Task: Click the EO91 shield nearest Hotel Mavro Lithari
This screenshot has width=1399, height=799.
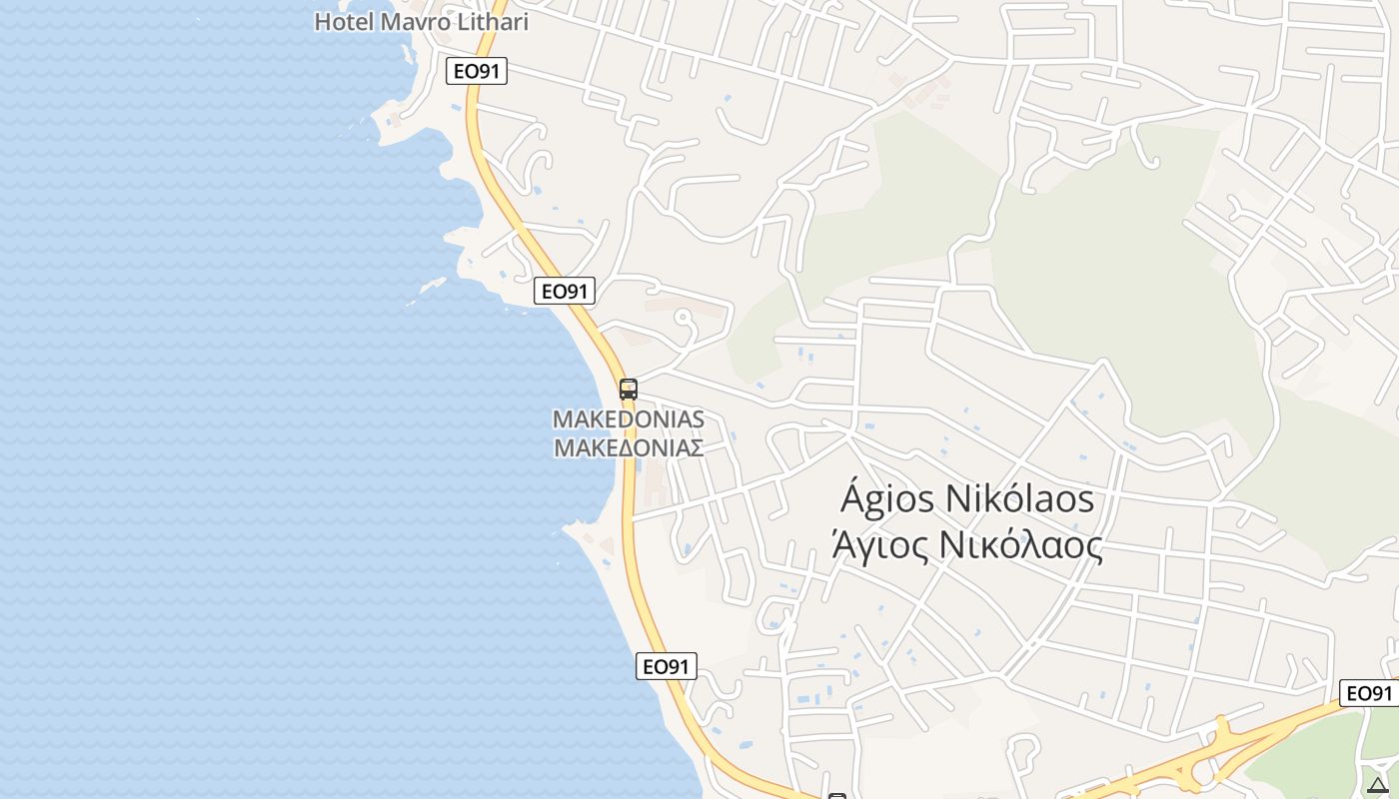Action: click(477, 71)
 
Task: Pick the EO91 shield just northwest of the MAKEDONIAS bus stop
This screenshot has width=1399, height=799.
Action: click(565, 291)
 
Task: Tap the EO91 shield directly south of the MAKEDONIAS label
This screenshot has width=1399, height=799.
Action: click(666, 666)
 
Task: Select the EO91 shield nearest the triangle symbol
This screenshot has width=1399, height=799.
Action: click(1369, 693)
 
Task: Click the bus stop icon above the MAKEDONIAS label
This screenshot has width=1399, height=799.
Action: click(629, 389)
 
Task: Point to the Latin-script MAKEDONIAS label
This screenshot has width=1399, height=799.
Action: click(629, 419)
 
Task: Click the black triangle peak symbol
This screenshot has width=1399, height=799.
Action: click(1378, 785)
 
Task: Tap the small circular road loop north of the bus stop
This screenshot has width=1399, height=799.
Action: click(684, 319)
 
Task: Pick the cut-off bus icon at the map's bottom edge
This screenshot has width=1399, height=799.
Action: click(837, 796)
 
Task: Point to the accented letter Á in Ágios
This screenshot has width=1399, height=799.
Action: click(852, 496)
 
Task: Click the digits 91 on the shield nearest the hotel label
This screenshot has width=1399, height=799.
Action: click(489, 71)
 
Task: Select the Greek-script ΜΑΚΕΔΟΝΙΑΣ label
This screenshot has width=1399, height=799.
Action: click(629, 447)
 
